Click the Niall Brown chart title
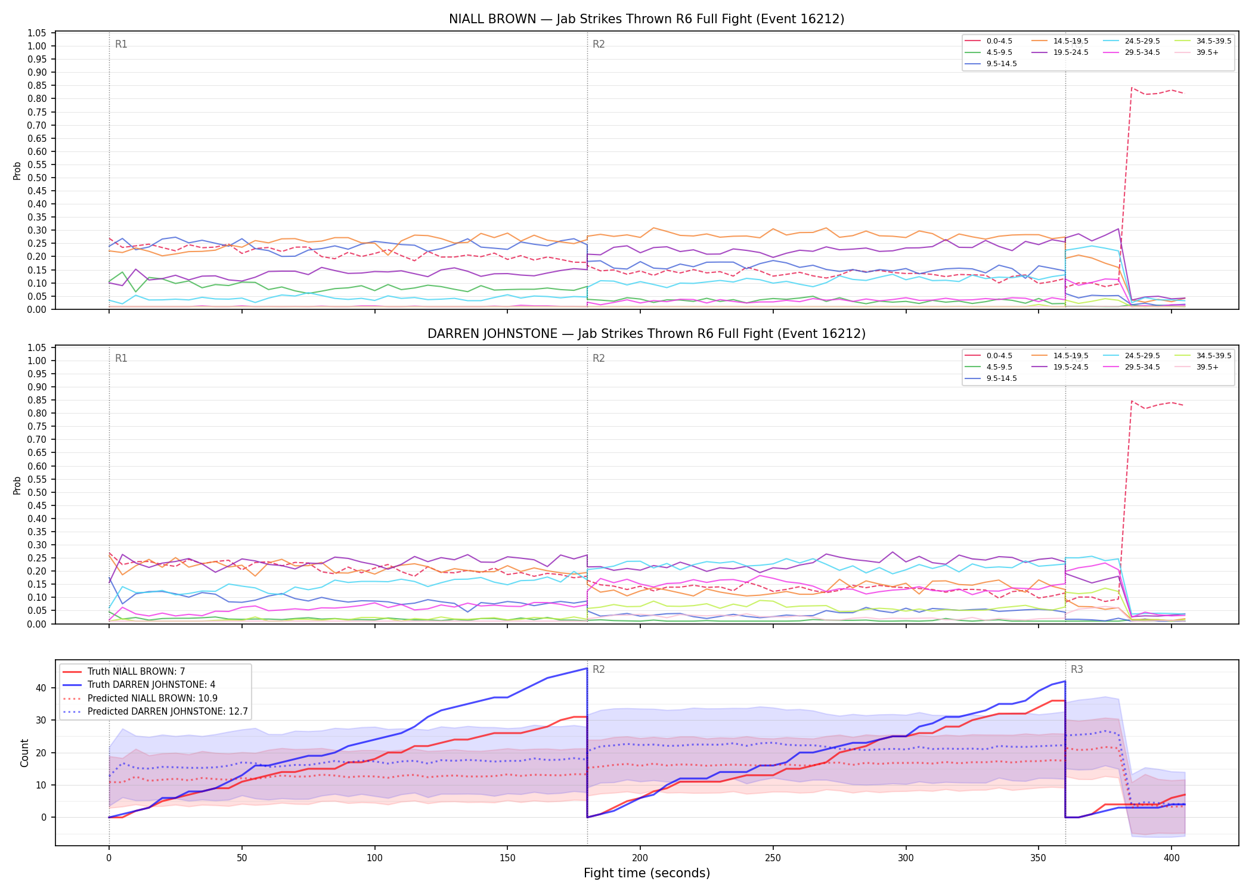tap(646, 19)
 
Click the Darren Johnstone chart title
tap(646, 334)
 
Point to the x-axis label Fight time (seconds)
tap(647, 873)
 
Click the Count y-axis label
tap(24, 753)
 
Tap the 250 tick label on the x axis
tap(773, 858)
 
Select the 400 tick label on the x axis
tap(1172, 858)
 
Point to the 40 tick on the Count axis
tap(41, 688)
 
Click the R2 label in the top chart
tap(599, 44)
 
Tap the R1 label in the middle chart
tap(121, 358)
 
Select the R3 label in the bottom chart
tap(1077, 669)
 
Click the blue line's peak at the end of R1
tap(587, 669)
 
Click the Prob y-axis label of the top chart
tap(17, 171)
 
